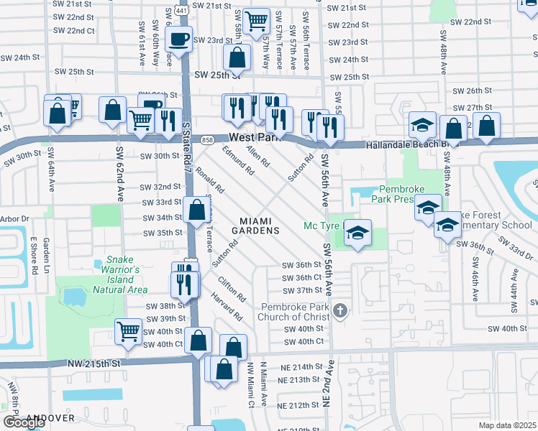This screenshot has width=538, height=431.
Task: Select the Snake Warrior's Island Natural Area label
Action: coord(120,275)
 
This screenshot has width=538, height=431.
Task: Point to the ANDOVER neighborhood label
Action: coord(50,417)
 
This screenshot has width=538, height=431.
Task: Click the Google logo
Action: coord(24,422)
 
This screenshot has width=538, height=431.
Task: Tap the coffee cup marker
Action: coord(179,39)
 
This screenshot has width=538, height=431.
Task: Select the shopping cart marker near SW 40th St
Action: coord(128,331)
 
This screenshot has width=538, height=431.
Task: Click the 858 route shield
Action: coord(208,140)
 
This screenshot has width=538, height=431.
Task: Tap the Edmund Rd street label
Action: coord(238,162)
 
